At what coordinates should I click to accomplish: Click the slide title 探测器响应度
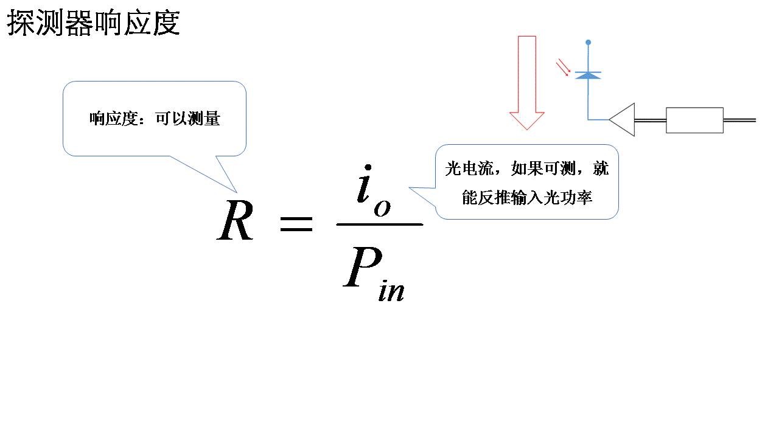(x=93, y=24)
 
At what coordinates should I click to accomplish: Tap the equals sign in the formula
(x=296, y=225)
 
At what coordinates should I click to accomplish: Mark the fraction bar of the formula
(x=379, y=224)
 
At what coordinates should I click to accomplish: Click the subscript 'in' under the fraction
(x=391, y=291)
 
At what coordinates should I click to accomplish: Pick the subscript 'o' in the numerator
(x=382, y=207)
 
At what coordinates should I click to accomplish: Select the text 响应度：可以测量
(x=155, y=119)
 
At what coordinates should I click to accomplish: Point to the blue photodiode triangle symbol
(x=588, y=75)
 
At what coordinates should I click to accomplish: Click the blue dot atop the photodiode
(x=588, y=43)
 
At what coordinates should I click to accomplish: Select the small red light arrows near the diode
(x=564, y=68)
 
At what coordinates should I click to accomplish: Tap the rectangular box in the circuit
(x=694, y=120)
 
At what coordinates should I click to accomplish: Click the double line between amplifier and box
(x=650, y=120)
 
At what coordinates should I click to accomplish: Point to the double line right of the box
(x=739, y=120)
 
